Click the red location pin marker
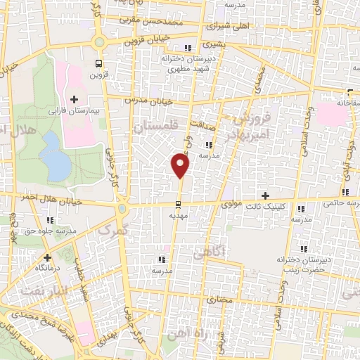coord(181,166)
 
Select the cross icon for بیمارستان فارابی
coord(75,98)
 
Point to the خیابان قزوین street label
coord(148,41)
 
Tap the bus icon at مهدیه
coord(179,205)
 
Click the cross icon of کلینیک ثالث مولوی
coord(265,195)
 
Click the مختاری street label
coord(219,300)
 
